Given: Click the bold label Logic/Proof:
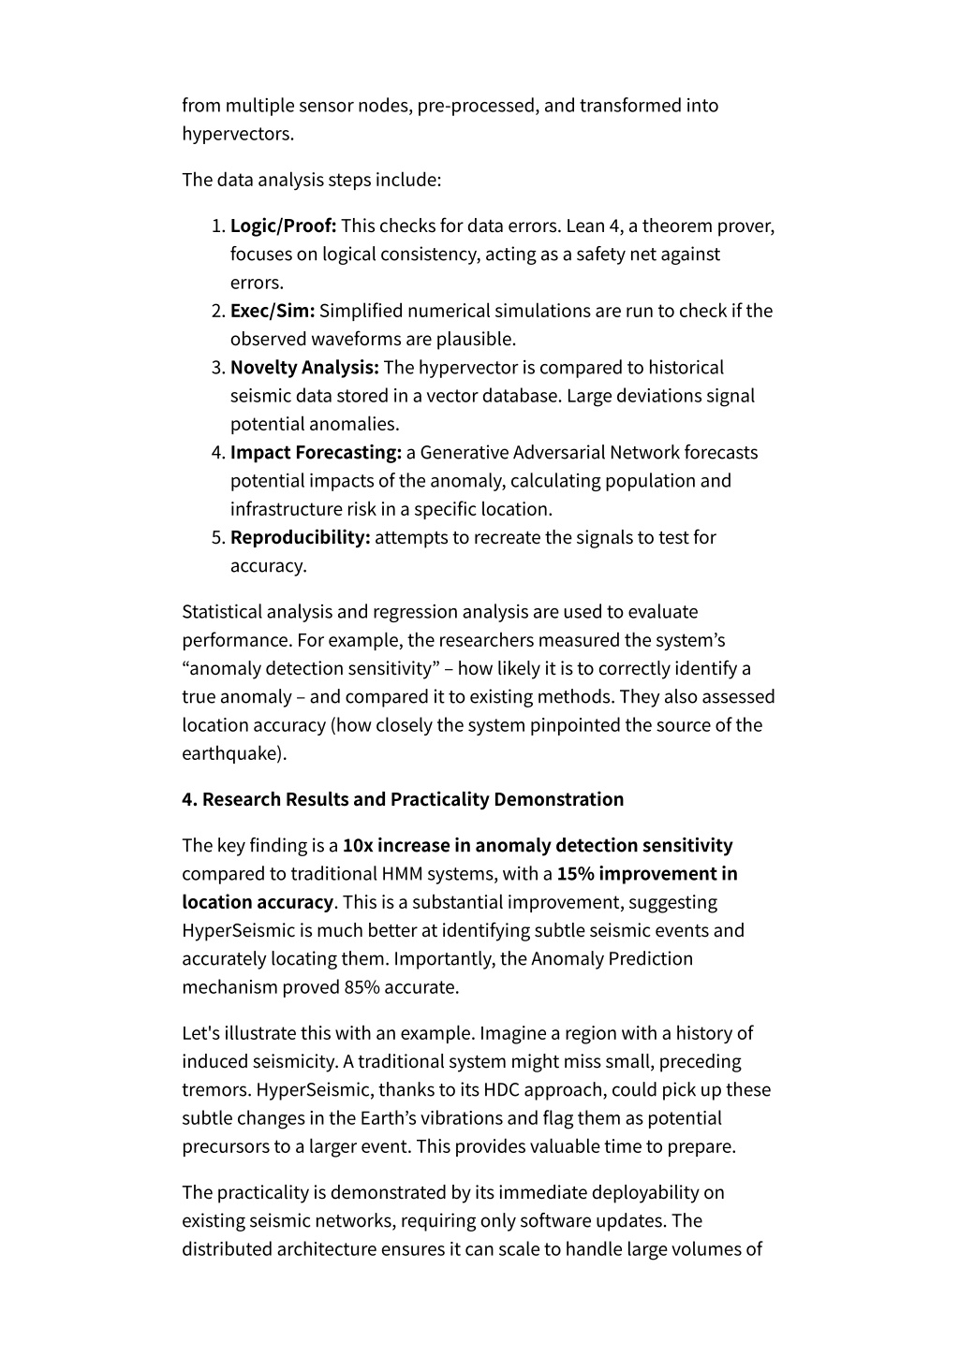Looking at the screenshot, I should (x=283, y=226).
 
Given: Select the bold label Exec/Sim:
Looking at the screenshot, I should (x=273, y=311).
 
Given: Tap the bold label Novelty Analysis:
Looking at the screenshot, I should (x=304, y=368).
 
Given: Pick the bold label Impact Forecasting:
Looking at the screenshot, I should (x=316, y=453).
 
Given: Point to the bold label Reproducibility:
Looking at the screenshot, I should (x=300, y=537).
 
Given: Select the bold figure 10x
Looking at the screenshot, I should (x=358, y=846).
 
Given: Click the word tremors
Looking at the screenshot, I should (x=217, y=1090).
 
